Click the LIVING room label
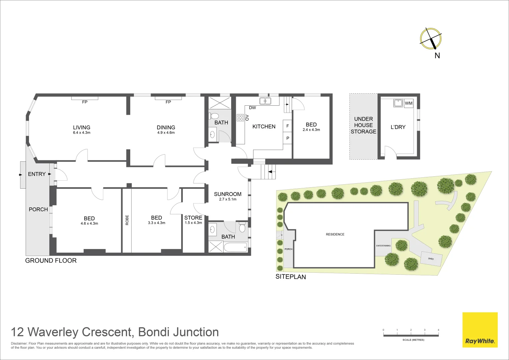click(x=82, y=127)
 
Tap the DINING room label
click(x=166, y=127)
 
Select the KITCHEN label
click(x=264, y=127)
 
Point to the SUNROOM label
click(x=228, y=194)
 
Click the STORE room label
click(x=193, y=218)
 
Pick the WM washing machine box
click(x=408, y=103)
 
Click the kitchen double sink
click(x=265, y=101)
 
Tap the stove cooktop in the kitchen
click(x=240, y=117)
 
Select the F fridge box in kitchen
click(x=287, y=126)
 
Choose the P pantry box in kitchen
click(x=287, y=138)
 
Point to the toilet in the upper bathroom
click(x=215, y=116)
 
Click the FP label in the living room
click(x=85, y=102)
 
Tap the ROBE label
click(x=127, y=220)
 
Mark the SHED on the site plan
click(x=431, y=259)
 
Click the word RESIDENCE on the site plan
click(x=335, y=234)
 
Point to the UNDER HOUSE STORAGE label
click(x=363, y=125)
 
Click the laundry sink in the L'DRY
click(x=398, y=103)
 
